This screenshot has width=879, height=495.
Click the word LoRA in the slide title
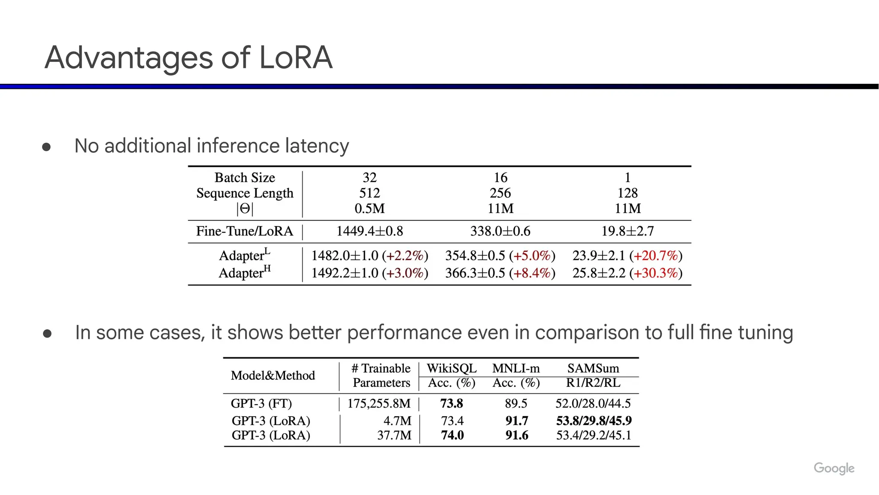pos(296,58)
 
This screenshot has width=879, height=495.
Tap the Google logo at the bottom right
pos(834,468)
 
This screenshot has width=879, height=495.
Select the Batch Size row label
pos(245,177)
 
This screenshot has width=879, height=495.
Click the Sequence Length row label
pos(245,193)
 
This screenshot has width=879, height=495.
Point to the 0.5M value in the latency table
pos(370,209)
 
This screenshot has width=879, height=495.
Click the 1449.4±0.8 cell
pos(370,231)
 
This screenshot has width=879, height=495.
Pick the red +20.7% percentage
pos(655,256)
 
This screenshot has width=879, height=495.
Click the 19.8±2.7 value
pos(627,231)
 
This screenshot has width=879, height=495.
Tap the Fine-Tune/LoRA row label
pos(245,231)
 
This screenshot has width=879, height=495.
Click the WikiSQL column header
pos(452,368)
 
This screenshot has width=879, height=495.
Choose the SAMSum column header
pos(593,368)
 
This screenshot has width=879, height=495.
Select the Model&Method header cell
pos(273,376)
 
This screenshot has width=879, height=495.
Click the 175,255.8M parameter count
pos(379,403)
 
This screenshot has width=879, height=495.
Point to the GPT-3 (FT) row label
pos(261,403)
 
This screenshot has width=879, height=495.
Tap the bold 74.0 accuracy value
pos(452,435)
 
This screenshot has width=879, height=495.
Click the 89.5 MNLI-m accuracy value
pos(516,403)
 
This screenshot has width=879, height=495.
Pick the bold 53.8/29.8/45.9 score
pos(594,420)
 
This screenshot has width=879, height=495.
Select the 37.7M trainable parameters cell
pos(394,435)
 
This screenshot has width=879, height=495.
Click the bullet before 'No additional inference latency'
pos(47,147)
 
